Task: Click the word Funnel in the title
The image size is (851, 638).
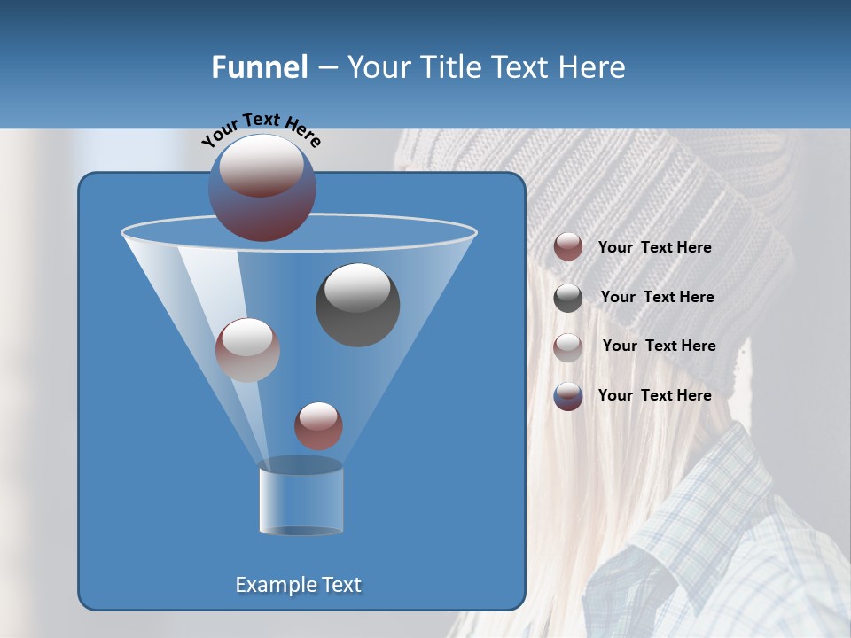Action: pos(259,67)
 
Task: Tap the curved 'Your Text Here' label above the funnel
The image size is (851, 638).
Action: pos(261,129)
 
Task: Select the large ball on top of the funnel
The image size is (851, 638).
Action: pos(262,187)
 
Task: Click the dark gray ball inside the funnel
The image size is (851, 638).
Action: pos(357,305)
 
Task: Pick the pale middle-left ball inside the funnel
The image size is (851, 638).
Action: pos(247,350)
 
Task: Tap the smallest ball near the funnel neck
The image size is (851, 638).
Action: pos(318,425)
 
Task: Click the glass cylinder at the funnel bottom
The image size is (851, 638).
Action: pos(301,501)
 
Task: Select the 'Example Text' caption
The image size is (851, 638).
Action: pos(298,585)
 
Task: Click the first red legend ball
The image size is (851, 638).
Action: pos(568,247)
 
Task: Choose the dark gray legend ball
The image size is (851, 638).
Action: pos(568,298)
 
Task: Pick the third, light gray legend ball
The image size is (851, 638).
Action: pos(568,346)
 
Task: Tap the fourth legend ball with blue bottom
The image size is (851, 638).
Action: pos(568,396)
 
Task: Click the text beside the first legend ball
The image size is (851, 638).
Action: pos(654,248)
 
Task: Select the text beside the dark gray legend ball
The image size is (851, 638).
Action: pos(657,297)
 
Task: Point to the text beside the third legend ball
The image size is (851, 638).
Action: pos(659,346)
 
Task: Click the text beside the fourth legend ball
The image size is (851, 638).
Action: pos(654,395)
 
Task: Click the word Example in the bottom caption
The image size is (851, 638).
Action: pos(271,585)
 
